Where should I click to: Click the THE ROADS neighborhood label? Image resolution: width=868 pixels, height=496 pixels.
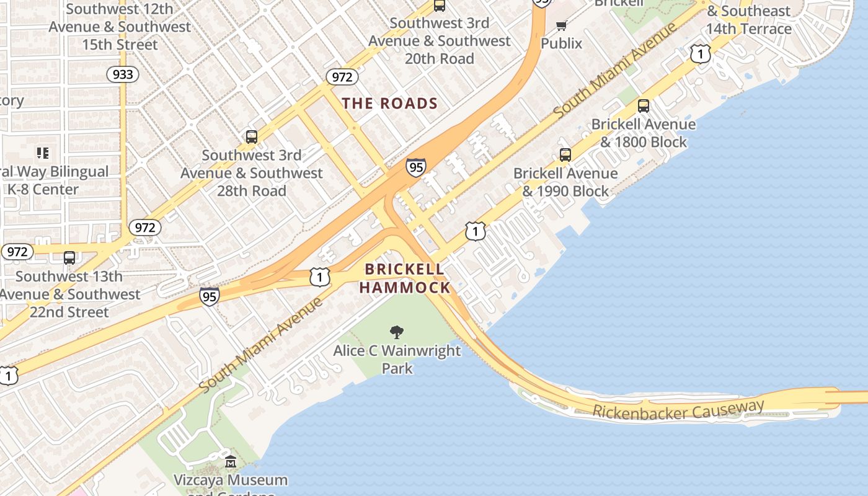[390, 104]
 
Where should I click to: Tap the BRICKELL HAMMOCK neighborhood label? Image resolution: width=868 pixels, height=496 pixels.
[404, 278]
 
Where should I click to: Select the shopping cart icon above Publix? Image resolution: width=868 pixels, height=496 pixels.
[562, 25]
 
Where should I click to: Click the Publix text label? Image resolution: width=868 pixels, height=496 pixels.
[562, 43]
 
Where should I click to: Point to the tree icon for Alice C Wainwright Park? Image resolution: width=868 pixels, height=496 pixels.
[396, 333]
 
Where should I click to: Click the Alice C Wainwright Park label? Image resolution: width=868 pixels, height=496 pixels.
[397, 360]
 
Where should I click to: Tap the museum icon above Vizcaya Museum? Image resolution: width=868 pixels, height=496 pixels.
[231, 462]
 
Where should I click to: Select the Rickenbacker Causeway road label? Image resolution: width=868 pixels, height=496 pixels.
[678, 409]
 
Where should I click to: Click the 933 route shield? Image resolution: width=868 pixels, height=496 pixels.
[122, 75]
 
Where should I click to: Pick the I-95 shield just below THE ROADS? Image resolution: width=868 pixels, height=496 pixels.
[416, 167]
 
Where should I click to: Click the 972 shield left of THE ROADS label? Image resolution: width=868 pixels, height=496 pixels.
[342, 77]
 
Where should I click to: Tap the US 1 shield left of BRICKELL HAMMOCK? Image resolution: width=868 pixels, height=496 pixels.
[319, 277]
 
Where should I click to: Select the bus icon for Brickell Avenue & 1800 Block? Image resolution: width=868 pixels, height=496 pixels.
[644, 106]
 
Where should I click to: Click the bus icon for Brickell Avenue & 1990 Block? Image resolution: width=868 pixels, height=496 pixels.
[565, 155]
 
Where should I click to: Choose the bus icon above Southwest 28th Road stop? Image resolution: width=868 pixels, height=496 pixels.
[251, 137]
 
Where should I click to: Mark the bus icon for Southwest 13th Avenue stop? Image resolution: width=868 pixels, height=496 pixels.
[69, 258]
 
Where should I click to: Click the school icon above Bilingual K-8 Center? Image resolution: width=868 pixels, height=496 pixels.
[42, 153]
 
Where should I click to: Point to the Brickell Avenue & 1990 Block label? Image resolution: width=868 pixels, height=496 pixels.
[565, 182]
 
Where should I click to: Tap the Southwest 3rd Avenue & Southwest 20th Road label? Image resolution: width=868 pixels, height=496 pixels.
[440, 41]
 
